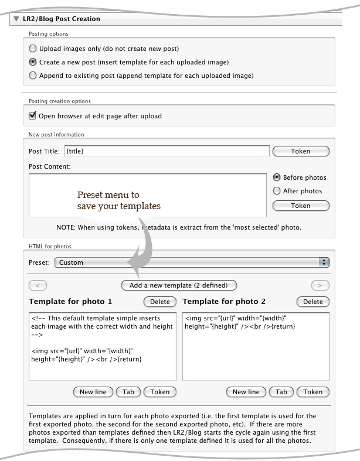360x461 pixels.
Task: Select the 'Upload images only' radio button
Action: (33, 48)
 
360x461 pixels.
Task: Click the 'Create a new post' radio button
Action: (33, 62)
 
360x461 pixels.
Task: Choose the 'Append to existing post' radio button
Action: (33, 76)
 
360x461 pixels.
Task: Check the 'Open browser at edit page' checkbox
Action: (33, 115)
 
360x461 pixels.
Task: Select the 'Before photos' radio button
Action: (277, 177)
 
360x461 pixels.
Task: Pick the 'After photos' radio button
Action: (277, 191)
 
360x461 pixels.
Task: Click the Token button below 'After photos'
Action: (301, 206)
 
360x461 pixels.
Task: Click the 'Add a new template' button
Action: (179, 285)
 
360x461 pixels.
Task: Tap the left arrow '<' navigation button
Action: (38, 285)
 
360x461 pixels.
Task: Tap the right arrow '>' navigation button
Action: (320, 285)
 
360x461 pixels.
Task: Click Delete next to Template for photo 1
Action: (159, 302)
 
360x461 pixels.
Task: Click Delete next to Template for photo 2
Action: (313, 302)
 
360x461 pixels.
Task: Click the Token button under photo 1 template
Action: (159, 392)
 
